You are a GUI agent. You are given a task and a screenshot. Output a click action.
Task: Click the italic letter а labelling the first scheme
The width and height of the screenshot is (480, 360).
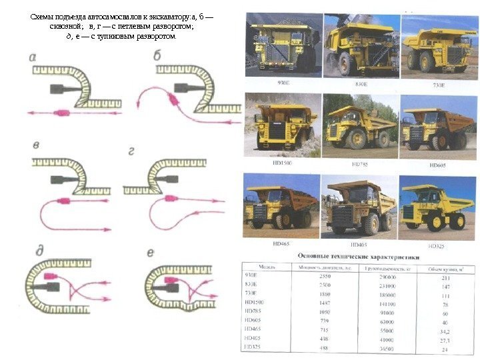[x=33, y=57]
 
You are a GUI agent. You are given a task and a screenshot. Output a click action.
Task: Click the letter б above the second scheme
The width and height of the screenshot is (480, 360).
[x=157, y=56]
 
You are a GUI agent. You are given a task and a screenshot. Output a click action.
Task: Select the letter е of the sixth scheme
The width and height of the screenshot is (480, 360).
[x=151, y=252]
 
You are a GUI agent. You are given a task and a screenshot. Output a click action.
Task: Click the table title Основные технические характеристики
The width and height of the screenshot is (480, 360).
[x=359, y=255]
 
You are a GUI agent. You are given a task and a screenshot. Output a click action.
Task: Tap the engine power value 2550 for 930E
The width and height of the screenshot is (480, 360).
[x=325, y=275]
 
